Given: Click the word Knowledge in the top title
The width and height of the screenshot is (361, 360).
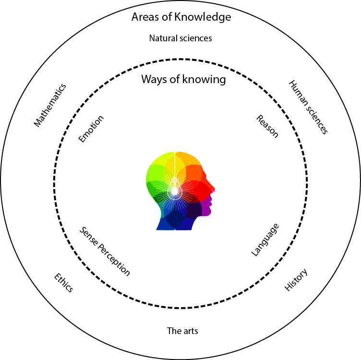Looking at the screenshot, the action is pos(203,17).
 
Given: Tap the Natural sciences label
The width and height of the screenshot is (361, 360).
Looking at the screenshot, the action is pos(180,38).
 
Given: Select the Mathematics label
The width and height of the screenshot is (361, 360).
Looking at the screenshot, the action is pos(50,105).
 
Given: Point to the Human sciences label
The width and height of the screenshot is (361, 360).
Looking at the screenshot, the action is pos(308,107).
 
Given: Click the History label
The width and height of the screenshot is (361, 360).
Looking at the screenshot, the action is pos(296,280).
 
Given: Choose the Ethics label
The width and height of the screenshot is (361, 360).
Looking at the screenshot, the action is pos(63,283).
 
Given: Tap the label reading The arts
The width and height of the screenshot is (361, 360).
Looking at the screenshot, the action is pos(182,331).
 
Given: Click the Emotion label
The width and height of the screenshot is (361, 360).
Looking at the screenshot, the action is pos(91,129).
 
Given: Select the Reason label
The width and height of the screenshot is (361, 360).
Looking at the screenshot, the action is pos(267,126).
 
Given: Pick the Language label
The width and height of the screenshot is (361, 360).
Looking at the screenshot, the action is pos(265,240).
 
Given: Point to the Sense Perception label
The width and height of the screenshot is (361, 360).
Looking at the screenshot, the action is pos(105,251).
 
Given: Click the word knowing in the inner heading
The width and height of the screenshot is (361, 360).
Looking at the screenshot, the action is pos(204,80).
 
